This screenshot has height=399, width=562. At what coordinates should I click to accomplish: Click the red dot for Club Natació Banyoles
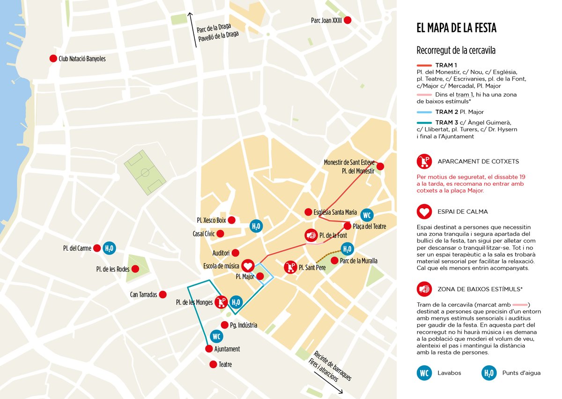tap(53, 59)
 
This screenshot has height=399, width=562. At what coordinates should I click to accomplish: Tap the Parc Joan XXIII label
tap(326, 21)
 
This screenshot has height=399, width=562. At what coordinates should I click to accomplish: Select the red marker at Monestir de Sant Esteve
tap(380, 166)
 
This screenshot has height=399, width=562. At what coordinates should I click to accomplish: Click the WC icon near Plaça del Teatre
tap(367, 215)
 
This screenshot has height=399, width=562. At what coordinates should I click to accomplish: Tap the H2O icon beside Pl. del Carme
tap(109, 248)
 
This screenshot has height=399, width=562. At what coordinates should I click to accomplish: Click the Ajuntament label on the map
tap(227, 349)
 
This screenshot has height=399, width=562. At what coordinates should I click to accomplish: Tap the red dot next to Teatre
tap(214, 364)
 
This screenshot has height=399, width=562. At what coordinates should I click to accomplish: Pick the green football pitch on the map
tap(145, 173)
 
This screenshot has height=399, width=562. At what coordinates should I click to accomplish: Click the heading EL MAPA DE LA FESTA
tap(456, 28)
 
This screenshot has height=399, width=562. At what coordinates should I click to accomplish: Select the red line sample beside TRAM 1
tap(424, 65)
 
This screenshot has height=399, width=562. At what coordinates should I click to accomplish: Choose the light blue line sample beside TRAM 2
tap(424, 112)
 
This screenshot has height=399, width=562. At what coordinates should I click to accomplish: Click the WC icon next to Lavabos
tap(424, 373)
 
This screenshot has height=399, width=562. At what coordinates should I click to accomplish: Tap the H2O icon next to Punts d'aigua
tap(489, 373)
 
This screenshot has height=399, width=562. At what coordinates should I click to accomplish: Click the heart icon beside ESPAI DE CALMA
tap(424, 211)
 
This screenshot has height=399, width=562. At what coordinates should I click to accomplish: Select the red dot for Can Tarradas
tap(163, 294)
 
